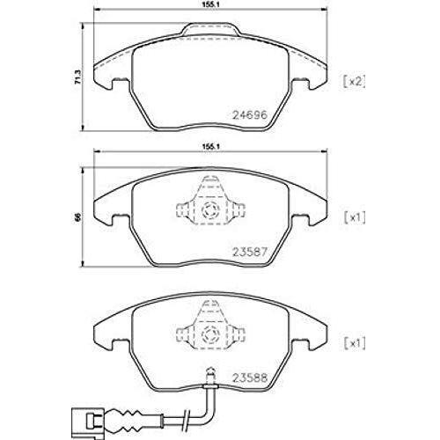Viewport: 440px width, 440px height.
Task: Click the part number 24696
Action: click(250, 114)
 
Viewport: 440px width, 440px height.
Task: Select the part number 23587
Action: click(250, 252)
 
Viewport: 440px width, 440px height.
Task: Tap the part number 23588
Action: click(250, 378)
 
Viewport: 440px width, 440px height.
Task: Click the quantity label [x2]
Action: click(354, 81)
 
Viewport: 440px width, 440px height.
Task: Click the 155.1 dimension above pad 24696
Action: click(210, 4)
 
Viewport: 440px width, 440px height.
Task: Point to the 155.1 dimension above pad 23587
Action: click(210, 146)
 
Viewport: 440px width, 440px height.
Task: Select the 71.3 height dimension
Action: click(77, 77)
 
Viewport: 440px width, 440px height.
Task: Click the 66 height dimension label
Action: click(77, 217)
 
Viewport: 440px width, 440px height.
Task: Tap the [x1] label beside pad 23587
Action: click(355, 217)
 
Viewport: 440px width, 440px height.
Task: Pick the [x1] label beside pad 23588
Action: click(355, 343)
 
